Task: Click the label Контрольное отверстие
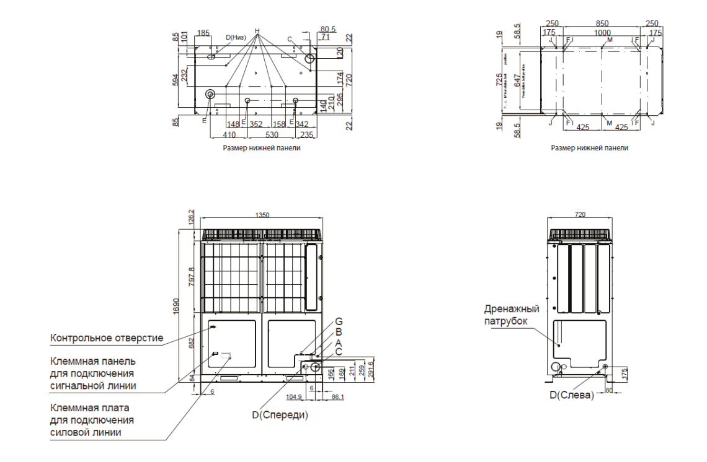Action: pos(107,338)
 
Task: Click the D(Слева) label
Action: pos(571,394)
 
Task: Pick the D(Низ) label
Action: pos(236,37)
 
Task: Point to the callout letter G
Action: pos(339,321)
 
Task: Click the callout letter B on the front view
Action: pos(339,332)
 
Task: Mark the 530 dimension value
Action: pos(272,133)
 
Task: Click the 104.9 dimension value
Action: pos(295,396)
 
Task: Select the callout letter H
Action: pos(257,31)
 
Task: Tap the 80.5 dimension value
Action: pos(328,28)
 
